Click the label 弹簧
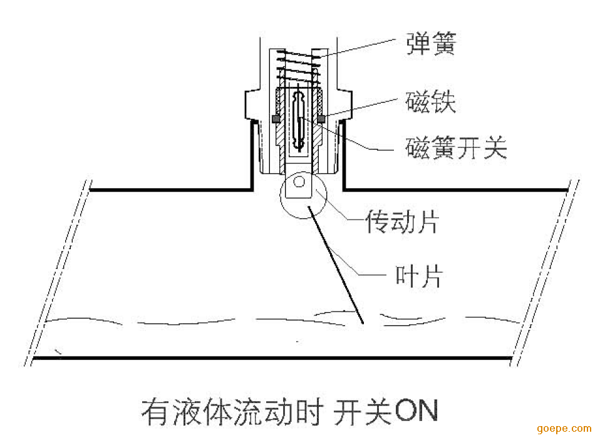click(432, 44)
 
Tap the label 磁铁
click(431, 102)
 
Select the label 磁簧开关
click(456, 148)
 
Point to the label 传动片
click(403, 221)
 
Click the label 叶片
click(419, 276)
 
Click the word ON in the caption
click(417, 411)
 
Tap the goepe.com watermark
click(564, 429)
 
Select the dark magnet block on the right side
click(321, 119)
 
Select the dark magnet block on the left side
click(276, 119)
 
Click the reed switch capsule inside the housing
click(299, 120)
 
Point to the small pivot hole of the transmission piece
click(299, 181)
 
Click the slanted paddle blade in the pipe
click(335, 265)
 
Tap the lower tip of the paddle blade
click(363, 323)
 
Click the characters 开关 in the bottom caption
click(363, 412)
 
